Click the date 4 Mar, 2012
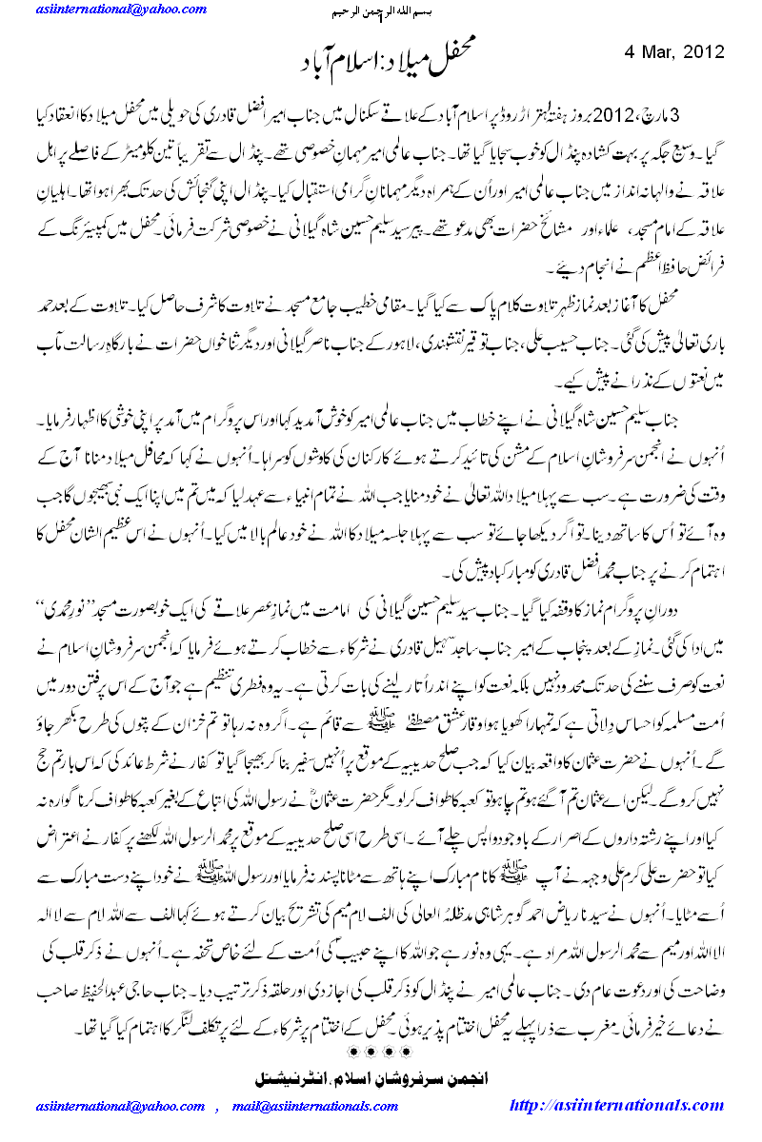pos(678,50)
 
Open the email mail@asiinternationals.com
pos(314,1107)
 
